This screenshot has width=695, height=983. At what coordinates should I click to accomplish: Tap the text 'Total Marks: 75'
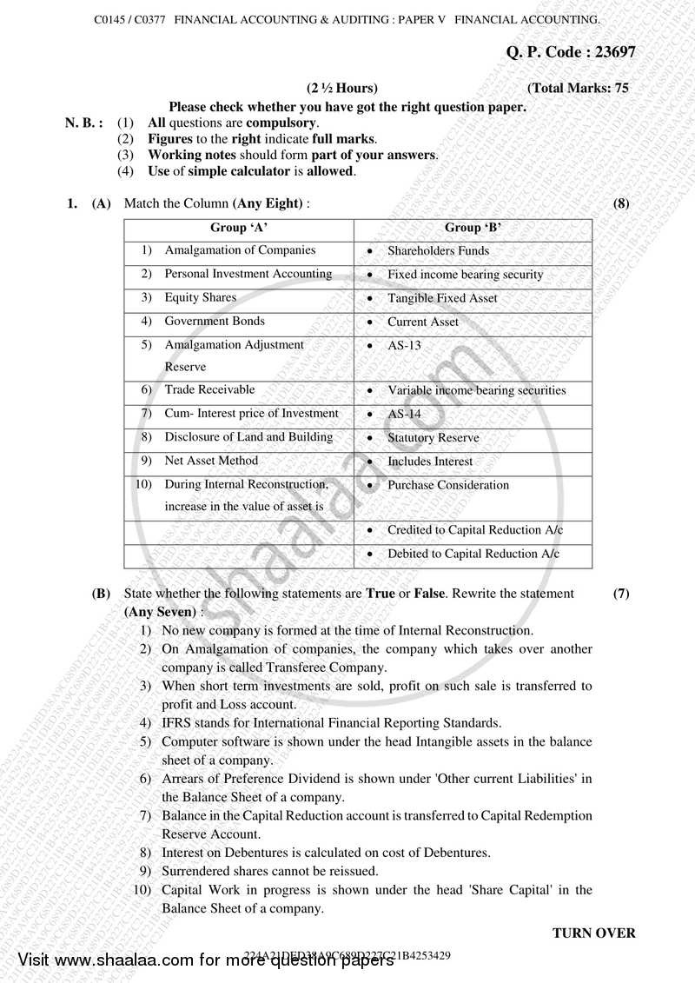click(578, 89)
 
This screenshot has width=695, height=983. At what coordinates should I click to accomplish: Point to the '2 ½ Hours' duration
click(342, 89)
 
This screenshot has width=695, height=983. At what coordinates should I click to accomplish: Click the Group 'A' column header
click(239, 228)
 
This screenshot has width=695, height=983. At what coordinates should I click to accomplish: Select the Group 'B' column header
click(473, 228)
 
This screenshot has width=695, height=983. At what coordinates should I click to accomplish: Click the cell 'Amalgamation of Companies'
click(240, 250)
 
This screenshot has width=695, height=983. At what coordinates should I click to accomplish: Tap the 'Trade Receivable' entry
click(209, 389)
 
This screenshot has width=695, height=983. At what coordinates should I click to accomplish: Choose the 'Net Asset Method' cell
click(211, 461)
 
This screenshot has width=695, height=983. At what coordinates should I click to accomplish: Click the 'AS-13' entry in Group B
click(404, 345)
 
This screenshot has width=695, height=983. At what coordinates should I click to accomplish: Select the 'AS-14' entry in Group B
click(404, 415)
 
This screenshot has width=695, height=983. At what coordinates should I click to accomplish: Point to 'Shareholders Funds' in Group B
click(438, 251)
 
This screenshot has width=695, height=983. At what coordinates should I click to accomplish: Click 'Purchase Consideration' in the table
click(448, 485)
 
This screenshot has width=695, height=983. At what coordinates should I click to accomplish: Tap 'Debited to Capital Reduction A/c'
click(473, 554)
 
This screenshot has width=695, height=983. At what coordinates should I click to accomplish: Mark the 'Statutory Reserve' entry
click(433, 438)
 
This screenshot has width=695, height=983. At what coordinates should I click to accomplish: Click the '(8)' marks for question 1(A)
click(620, 204)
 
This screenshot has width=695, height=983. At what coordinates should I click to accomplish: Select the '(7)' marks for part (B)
click(621, 594)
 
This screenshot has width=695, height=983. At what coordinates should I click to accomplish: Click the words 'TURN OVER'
click(594, 933)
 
